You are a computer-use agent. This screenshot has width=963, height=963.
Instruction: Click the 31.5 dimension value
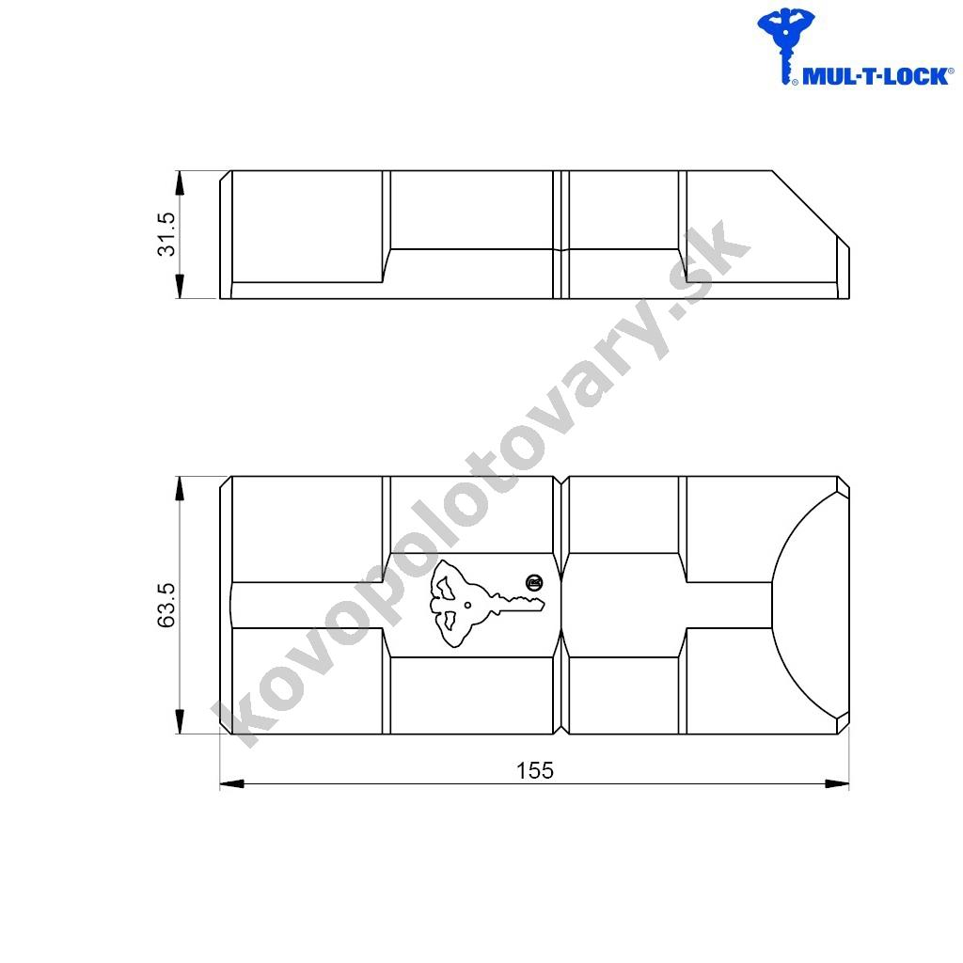click(166, 234)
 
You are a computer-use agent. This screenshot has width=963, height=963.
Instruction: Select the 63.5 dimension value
click(166, 605)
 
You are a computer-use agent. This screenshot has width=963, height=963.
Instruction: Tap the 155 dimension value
click(534, 770)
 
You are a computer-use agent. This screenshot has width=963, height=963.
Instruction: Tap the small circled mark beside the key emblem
click(534, 582)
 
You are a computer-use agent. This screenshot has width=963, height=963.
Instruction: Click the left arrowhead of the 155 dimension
click(232, 783)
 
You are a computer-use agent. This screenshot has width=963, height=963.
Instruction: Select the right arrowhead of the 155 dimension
click(836, 783)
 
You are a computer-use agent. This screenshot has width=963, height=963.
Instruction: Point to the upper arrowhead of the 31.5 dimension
click(180, 183)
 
